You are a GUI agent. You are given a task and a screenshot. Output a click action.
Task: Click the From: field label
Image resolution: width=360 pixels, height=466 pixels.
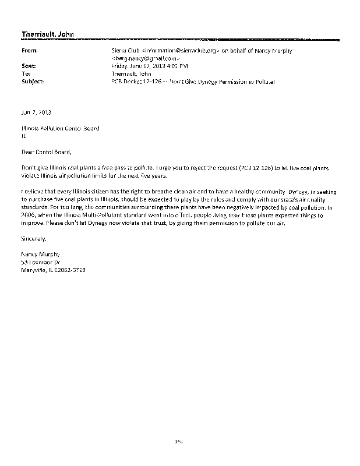pos(30,51)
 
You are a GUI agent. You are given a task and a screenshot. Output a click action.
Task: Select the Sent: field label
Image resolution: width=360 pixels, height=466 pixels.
pos(29,66)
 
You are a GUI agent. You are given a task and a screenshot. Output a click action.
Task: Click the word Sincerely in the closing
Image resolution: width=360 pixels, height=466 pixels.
pos(33,239)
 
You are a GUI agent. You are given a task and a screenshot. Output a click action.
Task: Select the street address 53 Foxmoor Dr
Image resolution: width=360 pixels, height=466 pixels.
pos(41,262)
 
